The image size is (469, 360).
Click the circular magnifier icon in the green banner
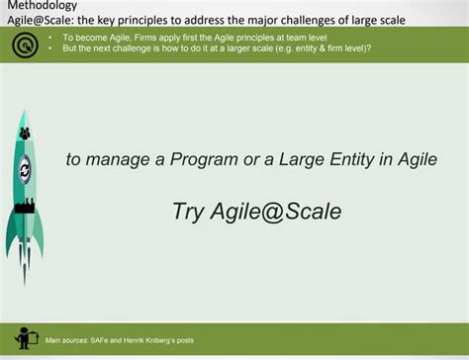tap(21, 44)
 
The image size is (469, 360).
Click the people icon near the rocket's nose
tap(25, 132)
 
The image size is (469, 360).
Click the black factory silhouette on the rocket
tap(24, 206)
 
